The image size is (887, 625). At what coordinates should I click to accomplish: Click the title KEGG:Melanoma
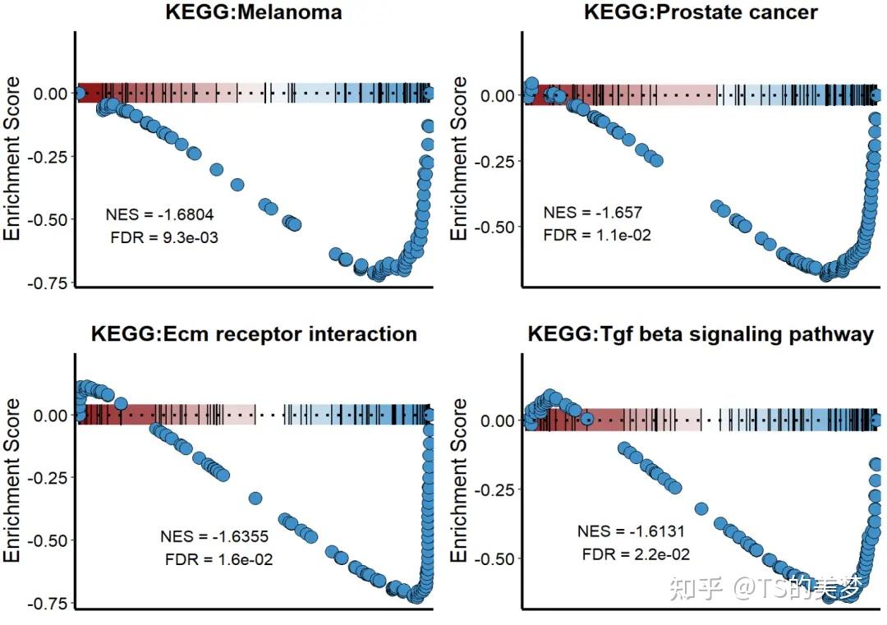coord(255,13)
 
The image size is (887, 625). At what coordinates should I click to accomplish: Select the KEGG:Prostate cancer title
coord(701,13)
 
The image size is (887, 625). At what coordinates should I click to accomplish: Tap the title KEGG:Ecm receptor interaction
coord(255,335)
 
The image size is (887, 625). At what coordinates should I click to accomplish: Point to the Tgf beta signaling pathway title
coord(701,335)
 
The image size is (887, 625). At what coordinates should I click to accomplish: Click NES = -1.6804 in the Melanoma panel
coord(159,215)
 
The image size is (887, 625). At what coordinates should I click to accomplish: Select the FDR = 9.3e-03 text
coord(163,238)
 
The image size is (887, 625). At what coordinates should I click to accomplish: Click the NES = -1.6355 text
coord(214,537)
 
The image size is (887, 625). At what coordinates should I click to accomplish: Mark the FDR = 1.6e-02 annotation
coord(218,560)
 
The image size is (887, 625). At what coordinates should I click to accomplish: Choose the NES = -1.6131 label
coord(632,531)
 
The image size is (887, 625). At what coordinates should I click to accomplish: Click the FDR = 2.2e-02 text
coord(636,554)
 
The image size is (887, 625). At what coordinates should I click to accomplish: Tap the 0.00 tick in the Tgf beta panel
coord(499,420)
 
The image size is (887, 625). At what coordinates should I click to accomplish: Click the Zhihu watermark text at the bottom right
coord(765,589)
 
